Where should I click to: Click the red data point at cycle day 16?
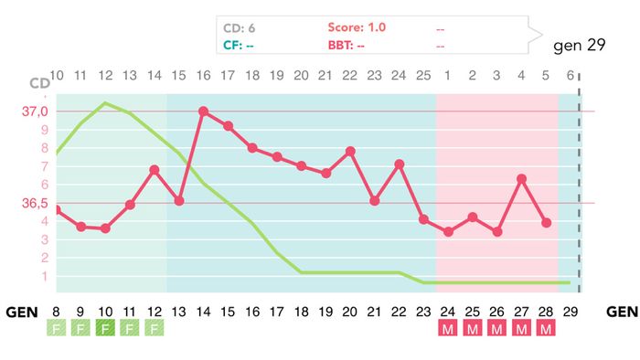click(203, 111)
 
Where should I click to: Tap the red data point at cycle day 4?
click(521, 179)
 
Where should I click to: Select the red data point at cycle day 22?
click(350, 151)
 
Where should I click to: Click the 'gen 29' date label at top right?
click(579, 45)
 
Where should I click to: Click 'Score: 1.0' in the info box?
click(357, 27)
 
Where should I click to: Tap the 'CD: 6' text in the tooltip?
click(239, 27)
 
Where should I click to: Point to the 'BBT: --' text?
click(348, 44)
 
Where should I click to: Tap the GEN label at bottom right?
click(622, 312)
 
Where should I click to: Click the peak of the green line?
click(105, 102)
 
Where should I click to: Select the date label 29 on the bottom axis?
click(570, 312)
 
